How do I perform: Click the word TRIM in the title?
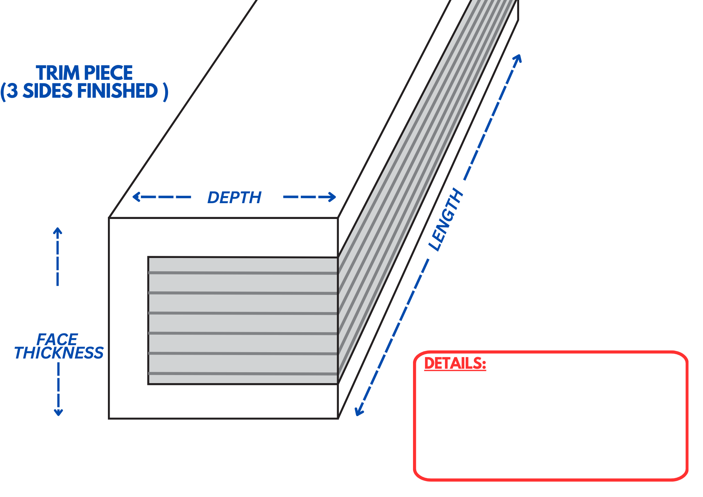click(58, 73)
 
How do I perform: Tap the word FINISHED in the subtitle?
click(117, 91)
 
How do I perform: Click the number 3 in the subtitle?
click(12, 91)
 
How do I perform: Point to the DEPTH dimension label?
click(234, 198)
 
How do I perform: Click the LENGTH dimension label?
click(446, 220)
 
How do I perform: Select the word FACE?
click(57, 340)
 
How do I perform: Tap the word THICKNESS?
click(59, 353)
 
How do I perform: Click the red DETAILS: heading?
click(455, 363)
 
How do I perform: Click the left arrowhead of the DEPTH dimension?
click(135, 197)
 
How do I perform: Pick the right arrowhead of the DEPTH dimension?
click(333, 197)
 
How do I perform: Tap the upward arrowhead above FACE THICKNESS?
click(58, 230)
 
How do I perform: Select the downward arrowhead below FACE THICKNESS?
click(58, 413)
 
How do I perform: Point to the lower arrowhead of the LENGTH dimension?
click(358, 413)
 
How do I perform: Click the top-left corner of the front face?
click(109, 218)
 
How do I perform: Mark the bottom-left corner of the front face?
click(109, 418)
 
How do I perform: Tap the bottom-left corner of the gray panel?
click(148, 384)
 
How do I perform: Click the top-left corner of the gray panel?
click(148, 257)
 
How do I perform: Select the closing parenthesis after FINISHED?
click(166, 92)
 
